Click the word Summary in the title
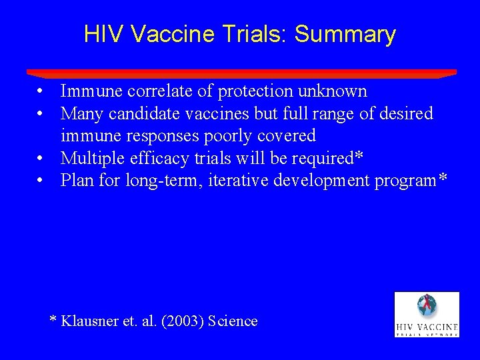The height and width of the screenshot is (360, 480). pos(345,35)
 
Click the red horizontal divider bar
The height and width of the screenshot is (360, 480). pos(241,73)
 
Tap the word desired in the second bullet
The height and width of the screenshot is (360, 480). pos(406,114)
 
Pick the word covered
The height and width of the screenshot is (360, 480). pos(286,136)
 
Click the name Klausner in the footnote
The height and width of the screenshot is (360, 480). pos(89,321)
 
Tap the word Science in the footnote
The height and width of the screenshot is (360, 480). pos(233,321)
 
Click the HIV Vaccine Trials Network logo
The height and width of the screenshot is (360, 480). pos(427,314)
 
